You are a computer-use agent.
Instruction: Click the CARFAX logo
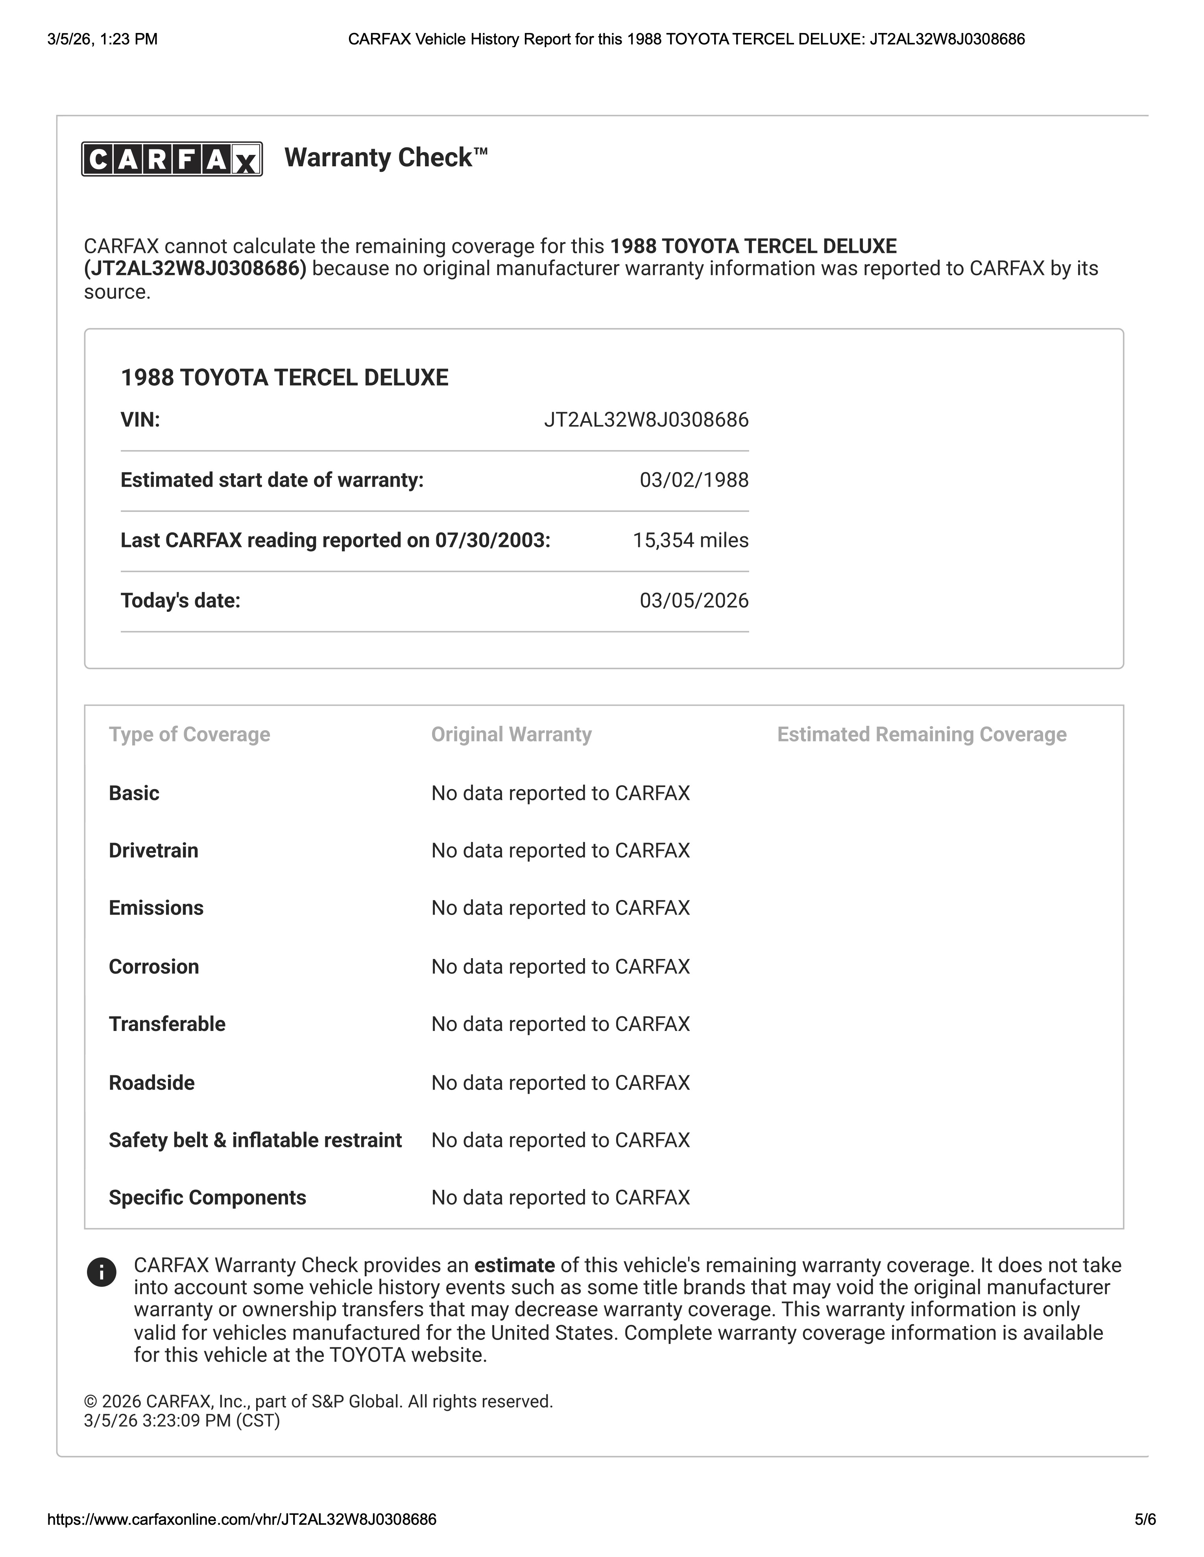point(172,159)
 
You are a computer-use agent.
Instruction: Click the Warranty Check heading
point(386,158)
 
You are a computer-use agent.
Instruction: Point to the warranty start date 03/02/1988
point(693,480)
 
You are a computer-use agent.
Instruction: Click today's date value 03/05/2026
point(693,600)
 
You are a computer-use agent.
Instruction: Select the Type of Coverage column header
point(189,734)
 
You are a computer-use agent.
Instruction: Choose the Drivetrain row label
point(153,850)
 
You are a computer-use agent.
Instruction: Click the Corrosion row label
point(153,967)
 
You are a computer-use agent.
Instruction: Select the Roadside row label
point(151,1083)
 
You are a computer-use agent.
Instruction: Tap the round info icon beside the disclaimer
point(101,1272)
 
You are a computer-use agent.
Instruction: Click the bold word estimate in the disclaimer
point(514,1265)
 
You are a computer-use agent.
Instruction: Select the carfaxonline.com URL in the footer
point(242,1519)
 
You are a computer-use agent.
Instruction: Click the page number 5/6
point(1145,1519)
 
